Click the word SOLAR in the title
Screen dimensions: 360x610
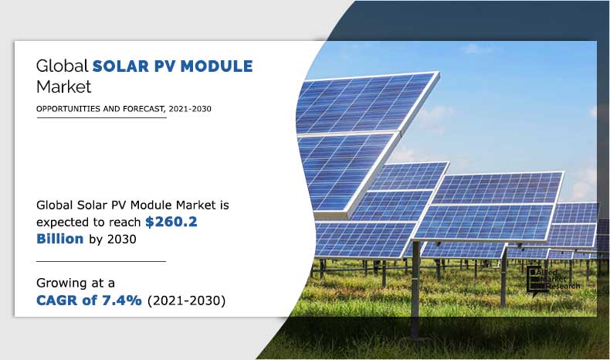120,66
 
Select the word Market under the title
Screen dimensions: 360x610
64,86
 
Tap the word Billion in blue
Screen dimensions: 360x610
59,239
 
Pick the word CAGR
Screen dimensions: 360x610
63,301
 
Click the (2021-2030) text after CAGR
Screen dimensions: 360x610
186,301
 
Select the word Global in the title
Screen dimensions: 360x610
63,66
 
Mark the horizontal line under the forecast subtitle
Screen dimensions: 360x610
101,118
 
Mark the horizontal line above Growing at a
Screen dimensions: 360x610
101,261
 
